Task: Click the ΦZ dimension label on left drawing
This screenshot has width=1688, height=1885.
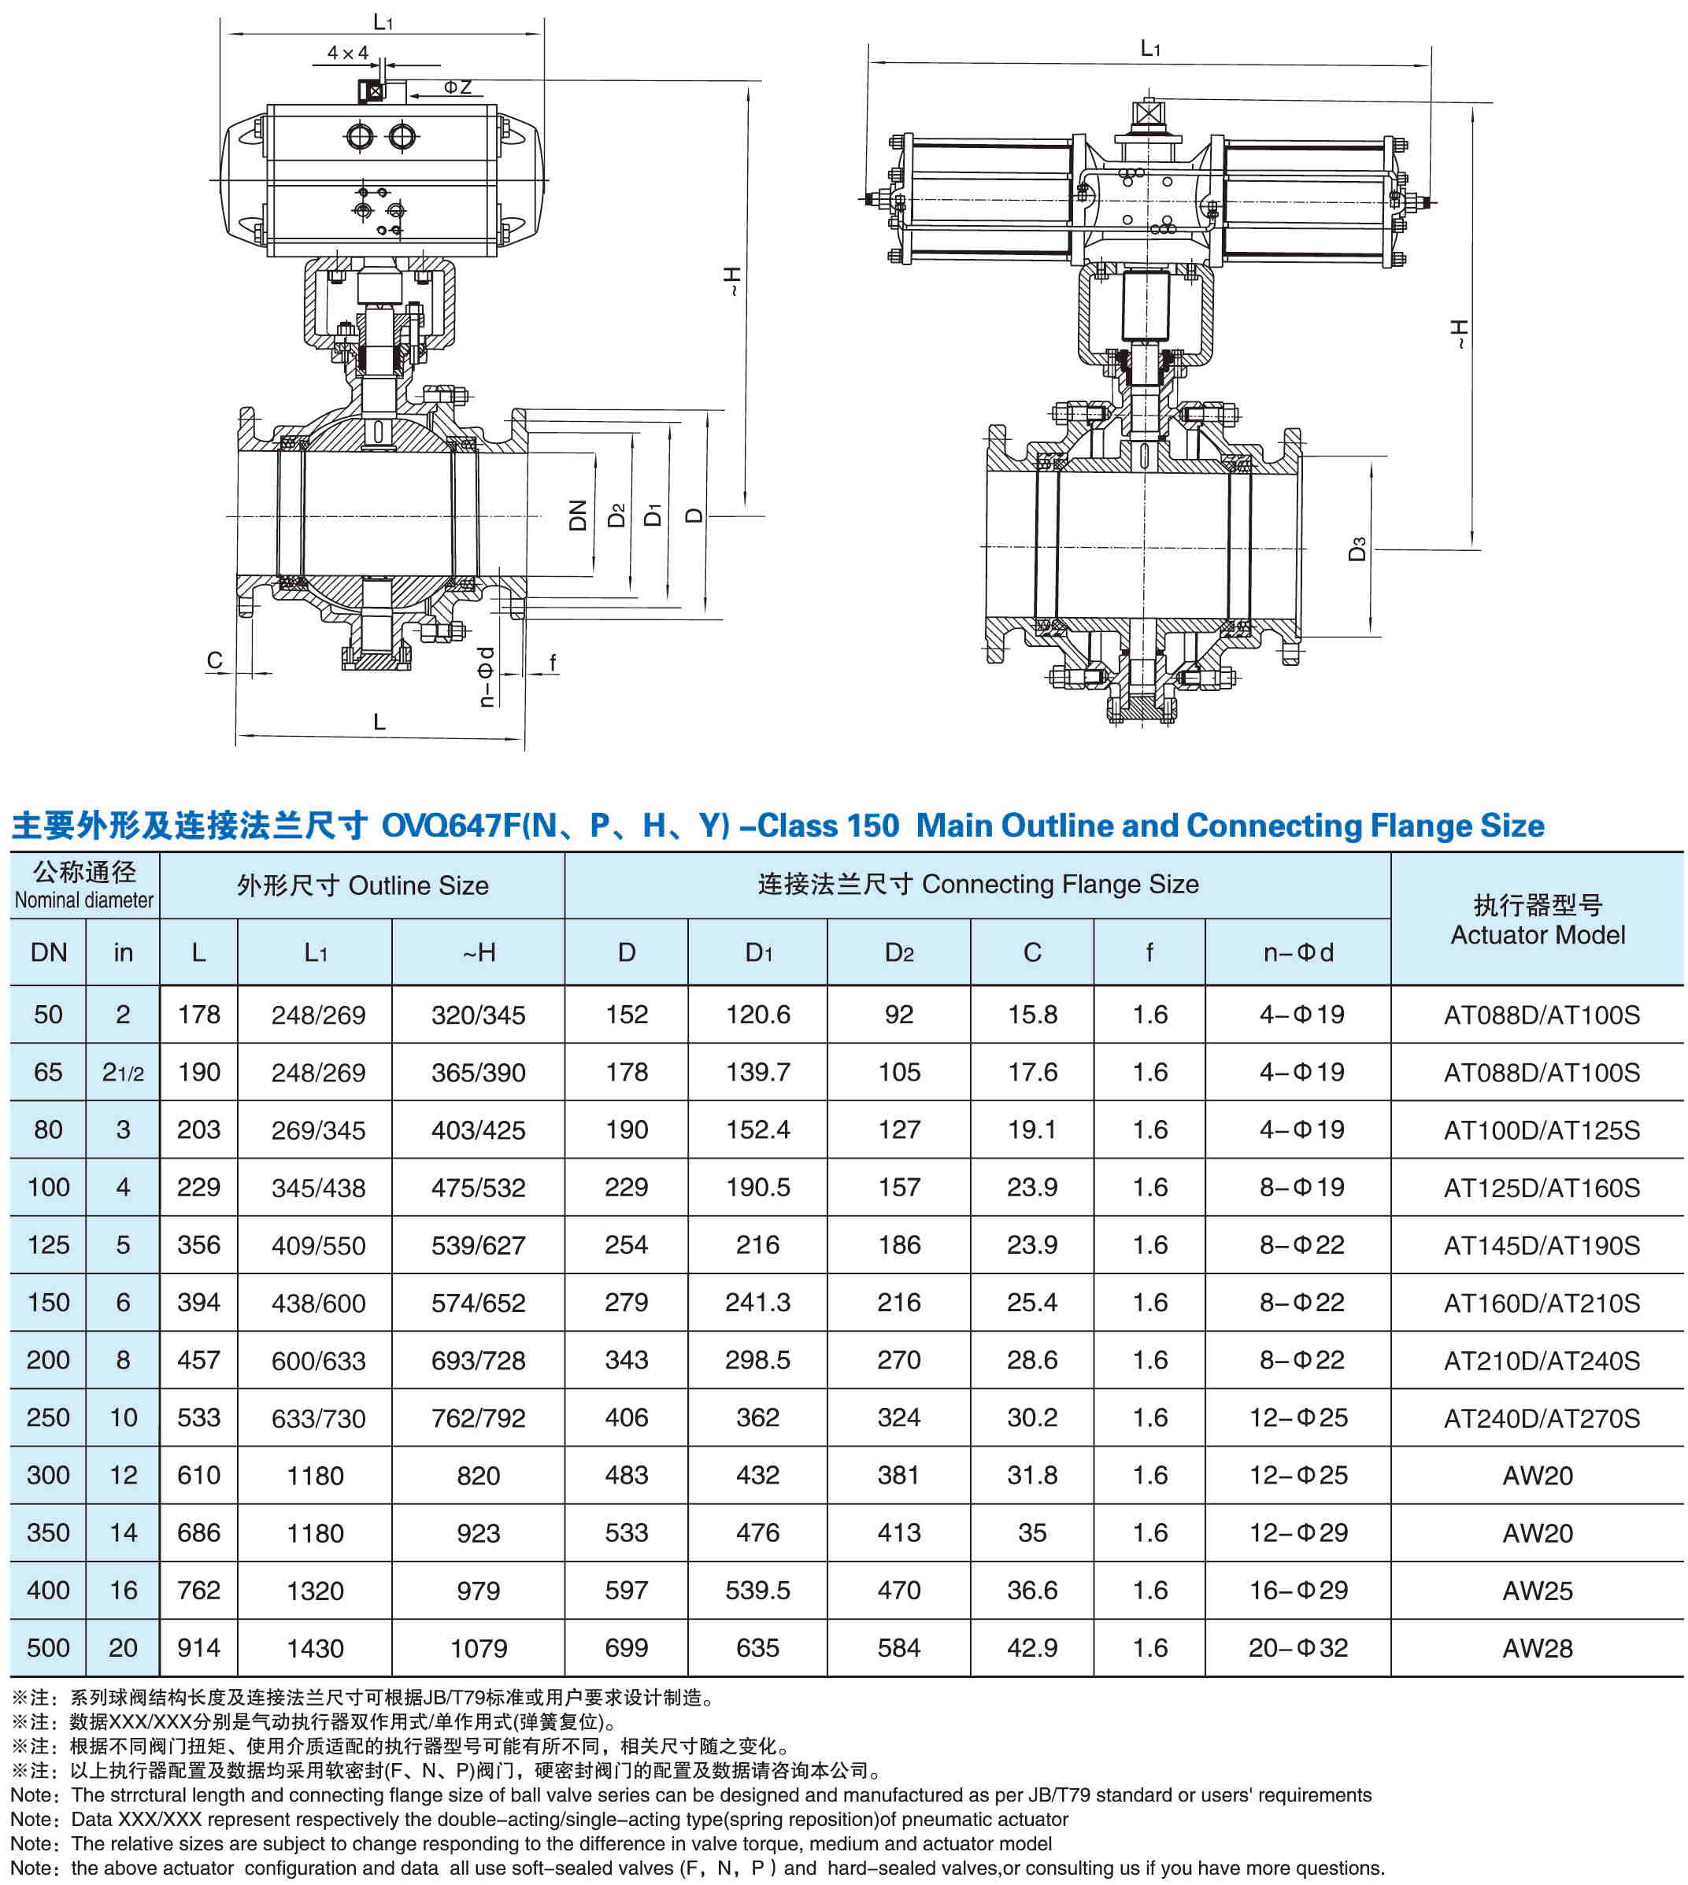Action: point(457,87)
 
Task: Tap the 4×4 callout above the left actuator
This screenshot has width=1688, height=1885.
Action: point(347,54)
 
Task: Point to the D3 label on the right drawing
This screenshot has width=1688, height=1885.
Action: point(1357,549)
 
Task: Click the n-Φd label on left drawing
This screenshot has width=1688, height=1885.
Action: point(486,677)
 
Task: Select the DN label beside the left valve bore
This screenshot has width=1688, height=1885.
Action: point(578,516)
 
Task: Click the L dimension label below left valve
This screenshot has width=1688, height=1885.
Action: point(379,722)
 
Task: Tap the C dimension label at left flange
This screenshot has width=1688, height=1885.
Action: point(214,660)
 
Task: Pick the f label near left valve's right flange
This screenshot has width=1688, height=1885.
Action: point(553,662)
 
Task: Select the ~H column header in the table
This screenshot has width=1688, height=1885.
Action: point(479,952)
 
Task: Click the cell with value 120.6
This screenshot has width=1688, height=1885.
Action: point(757,1015)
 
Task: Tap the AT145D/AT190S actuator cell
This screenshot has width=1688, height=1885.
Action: point(1542,1245)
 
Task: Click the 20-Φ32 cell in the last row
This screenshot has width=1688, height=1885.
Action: point(1297,1647)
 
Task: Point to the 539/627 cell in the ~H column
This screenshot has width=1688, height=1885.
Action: point(479,1245)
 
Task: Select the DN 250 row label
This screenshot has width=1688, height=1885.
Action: point(48,1417)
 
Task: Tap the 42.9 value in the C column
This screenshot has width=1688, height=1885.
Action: point(1032,1647)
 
